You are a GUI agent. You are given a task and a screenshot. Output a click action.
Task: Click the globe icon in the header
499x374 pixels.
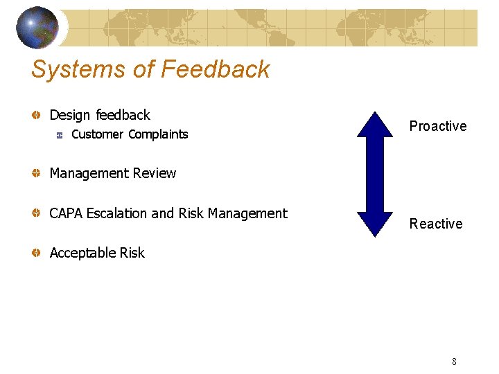point(37,28)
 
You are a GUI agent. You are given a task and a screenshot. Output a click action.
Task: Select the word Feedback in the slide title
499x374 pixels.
point(215,69)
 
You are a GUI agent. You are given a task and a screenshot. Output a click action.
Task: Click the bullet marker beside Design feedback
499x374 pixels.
point(35,115)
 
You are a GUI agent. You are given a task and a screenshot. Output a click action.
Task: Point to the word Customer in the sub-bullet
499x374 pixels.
point(97,134)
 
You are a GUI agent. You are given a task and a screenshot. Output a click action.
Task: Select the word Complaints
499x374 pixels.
point(158,134)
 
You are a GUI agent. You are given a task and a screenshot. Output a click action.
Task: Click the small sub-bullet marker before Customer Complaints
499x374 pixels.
point(60,135)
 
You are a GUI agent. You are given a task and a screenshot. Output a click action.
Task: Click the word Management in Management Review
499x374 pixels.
point(87,173)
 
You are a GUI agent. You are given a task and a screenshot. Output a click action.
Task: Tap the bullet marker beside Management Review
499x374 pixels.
point(35,174)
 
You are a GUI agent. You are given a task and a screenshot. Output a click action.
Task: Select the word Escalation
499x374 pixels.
point(116,213)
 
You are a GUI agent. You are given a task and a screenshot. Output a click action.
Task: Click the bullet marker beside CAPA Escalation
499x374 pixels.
point(35,214)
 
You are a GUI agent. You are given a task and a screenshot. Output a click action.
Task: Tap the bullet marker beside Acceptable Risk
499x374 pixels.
point(35,253)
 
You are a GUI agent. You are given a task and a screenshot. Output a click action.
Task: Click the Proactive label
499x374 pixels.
point(437,126)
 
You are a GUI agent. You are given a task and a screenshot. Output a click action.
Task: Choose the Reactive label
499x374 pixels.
point(435,224)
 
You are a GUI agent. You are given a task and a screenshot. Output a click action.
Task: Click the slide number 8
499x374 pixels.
point(454,362)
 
